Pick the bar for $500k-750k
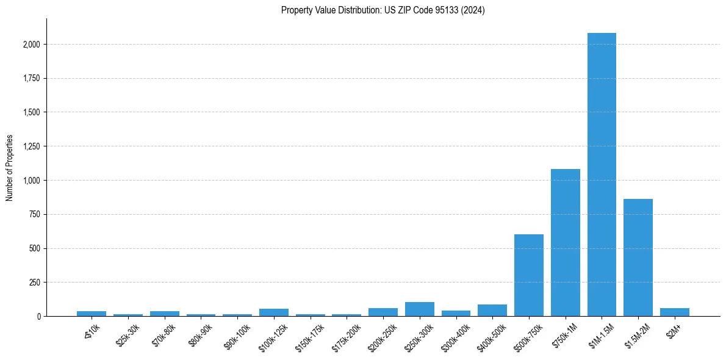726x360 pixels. (x=529, y=275)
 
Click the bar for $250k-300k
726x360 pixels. (x=420, y=309)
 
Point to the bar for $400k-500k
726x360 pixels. (x=492, y=311)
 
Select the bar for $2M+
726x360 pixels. (x=674, y=312)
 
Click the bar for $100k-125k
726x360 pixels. (x=274, y=312)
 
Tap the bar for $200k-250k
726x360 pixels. (x=383, y=312)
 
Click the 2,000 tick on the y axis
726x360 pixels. (x=32, y=45)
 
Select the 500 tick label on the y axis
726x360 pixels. (x=35, y=248)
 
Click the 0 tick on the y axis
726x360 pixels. (x=38, y=317)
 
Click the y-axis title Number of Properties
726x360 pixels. (x=10, y=168)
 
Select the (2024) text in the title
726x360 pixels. (x=473, y=10)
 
